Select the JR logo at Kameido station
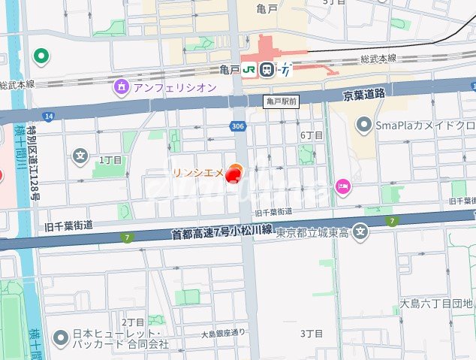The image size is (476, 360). coord(248,69)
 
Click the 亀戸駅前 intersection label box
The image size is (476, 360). coord(282,100)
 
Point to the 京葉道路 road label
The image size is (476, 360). coord(363,95)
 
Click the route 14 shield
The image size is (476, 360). coord(49,116)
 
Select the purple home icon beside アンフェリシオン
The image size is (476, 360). coord(121,87)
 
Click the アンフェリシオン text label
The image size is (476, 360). coord(174,87)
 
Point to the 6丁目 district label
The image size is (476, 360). coord(311,135)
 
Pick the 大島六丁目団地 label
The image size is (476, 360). coord(436,304)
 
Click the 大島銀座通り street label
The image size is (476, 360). coord(223,333)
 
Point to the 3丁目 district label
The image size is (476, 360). coord(311,332)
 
